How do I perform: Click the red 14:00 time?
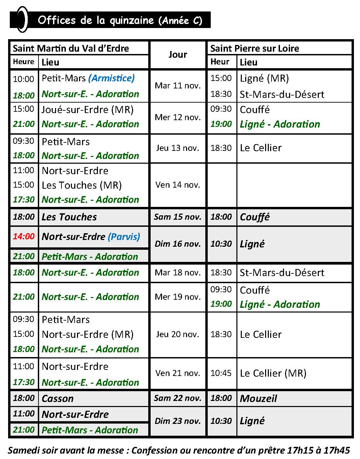[24, 236]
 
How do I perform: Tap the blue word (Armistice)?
[111, 78]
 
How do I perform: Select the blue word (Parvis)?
[124, 237]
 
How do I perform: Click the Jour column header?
[178, 55]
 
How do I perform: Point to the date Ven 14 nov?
[178, 185]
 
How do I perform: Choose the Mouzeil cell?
[258, 399]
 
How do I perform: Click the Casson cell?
[57, 399]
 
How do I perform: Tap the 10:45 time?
[221, 373]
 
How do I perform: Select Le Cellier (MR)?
[273, 373]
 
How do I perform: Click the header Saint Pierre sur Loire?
[255, 48]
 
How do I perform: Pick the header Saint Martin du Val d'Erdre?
[71, 48]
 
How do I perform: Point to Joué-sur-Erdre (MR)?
[87, 110]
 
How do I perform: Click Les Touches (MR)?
[82, 185]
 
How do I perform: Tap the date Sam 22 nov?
[178, 398]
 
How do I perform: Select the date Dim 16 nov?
[178, 244]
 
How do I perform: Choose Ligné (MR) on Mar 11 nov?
[264, 78]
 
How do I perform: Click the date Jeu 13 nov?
[178, 148]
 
